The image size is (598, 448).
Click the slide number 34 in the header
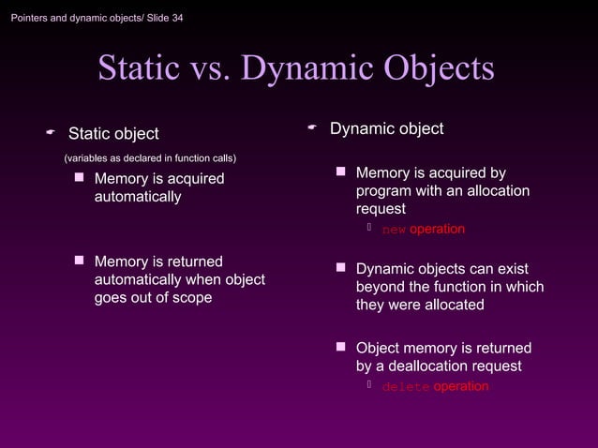[x=175, y=19]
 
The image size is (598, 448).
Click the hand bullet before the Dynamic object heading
[x=312, y=127]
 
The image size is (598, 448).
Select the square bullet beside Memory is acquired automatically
[x=80, y=178]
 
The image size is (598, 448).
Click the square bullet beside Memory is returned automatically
[x=80, y=261]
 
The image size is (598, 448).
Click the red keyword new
[x=394, y=230]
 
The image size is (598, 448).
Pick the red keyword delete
[x=406, y=387]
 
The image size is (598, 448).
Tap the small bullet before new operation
[x=370, y=229]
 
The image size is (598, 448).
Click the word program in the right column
[x=383, y=191]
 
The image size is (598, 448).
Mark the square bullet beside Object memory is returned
[x=341, y=348]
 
